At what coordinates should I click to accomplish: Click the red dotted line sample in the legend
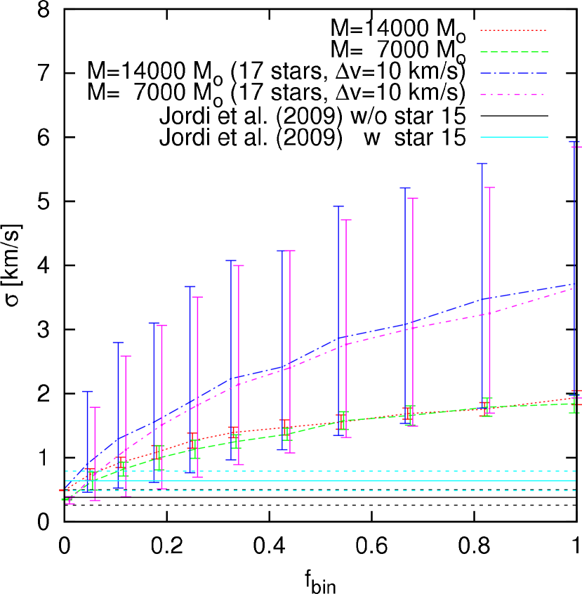point(512,31)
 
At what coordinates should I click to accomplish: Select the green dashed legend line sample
point(513,52)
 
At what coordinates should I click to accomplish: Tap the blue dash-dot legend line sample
point(513,73)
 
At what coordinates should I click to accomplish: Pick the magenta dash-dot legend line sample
point(512,94)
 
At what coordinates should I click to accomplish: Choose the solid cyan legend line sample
point(513,137)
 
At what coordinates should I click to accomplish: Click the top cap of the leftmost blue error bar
point(88,391)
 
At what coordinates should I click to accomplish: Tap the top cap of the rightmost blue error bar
point(574,141)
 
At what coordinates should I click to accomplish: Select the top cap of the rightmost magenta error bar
point(577,147)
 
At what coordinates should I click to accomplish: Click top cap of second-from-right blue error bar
point(482,164)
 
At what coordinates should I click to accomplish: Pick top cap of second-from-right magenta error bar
point(489,187)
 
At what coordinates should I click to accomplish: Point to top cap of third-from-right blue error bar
point(405,187)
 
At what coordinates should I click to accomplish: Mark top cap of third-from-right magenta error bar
point(412,198)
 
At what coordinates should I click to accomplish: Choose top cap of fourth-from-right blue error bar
point(338,206)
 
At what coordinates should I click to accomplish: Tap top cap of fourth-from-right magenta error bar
point(345,220)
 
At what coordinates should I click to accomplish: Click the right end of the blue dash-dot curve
point(574,284)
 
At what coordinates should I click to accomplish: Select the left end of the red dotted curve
point(62,490)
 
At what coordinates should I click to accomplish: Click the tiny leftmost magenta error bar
point(70,501)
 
